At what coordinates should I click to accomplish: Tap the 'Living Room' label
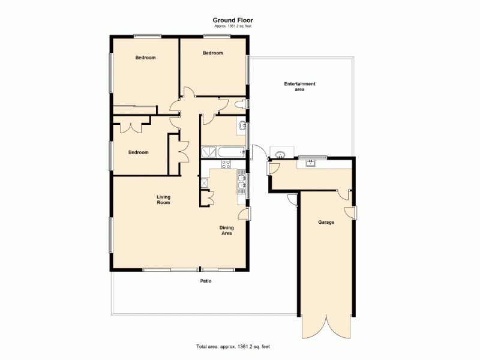[163, 200]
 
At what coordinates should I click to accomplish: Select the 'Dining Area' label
[226, 230]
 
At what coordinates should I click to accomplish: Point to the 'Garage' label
[326, 223]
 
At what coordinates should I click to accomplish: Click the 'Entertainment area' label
[299, 86]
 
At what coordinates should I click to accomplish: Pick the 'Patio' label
[206, 281]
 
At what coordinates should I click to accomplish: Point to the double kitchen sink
[241, 185]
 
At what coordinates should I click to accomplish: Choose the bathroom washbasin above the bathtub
[242, 126]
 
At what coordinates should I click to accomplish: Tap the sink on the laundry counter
[310, 163]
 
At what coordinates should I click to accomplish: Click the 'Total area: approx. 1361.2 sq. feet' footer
[236, 347]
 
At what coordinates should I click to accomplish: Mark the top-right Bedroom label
[212, 53]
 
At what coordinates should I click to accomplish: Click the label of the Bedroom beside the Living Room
[138, 152]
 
